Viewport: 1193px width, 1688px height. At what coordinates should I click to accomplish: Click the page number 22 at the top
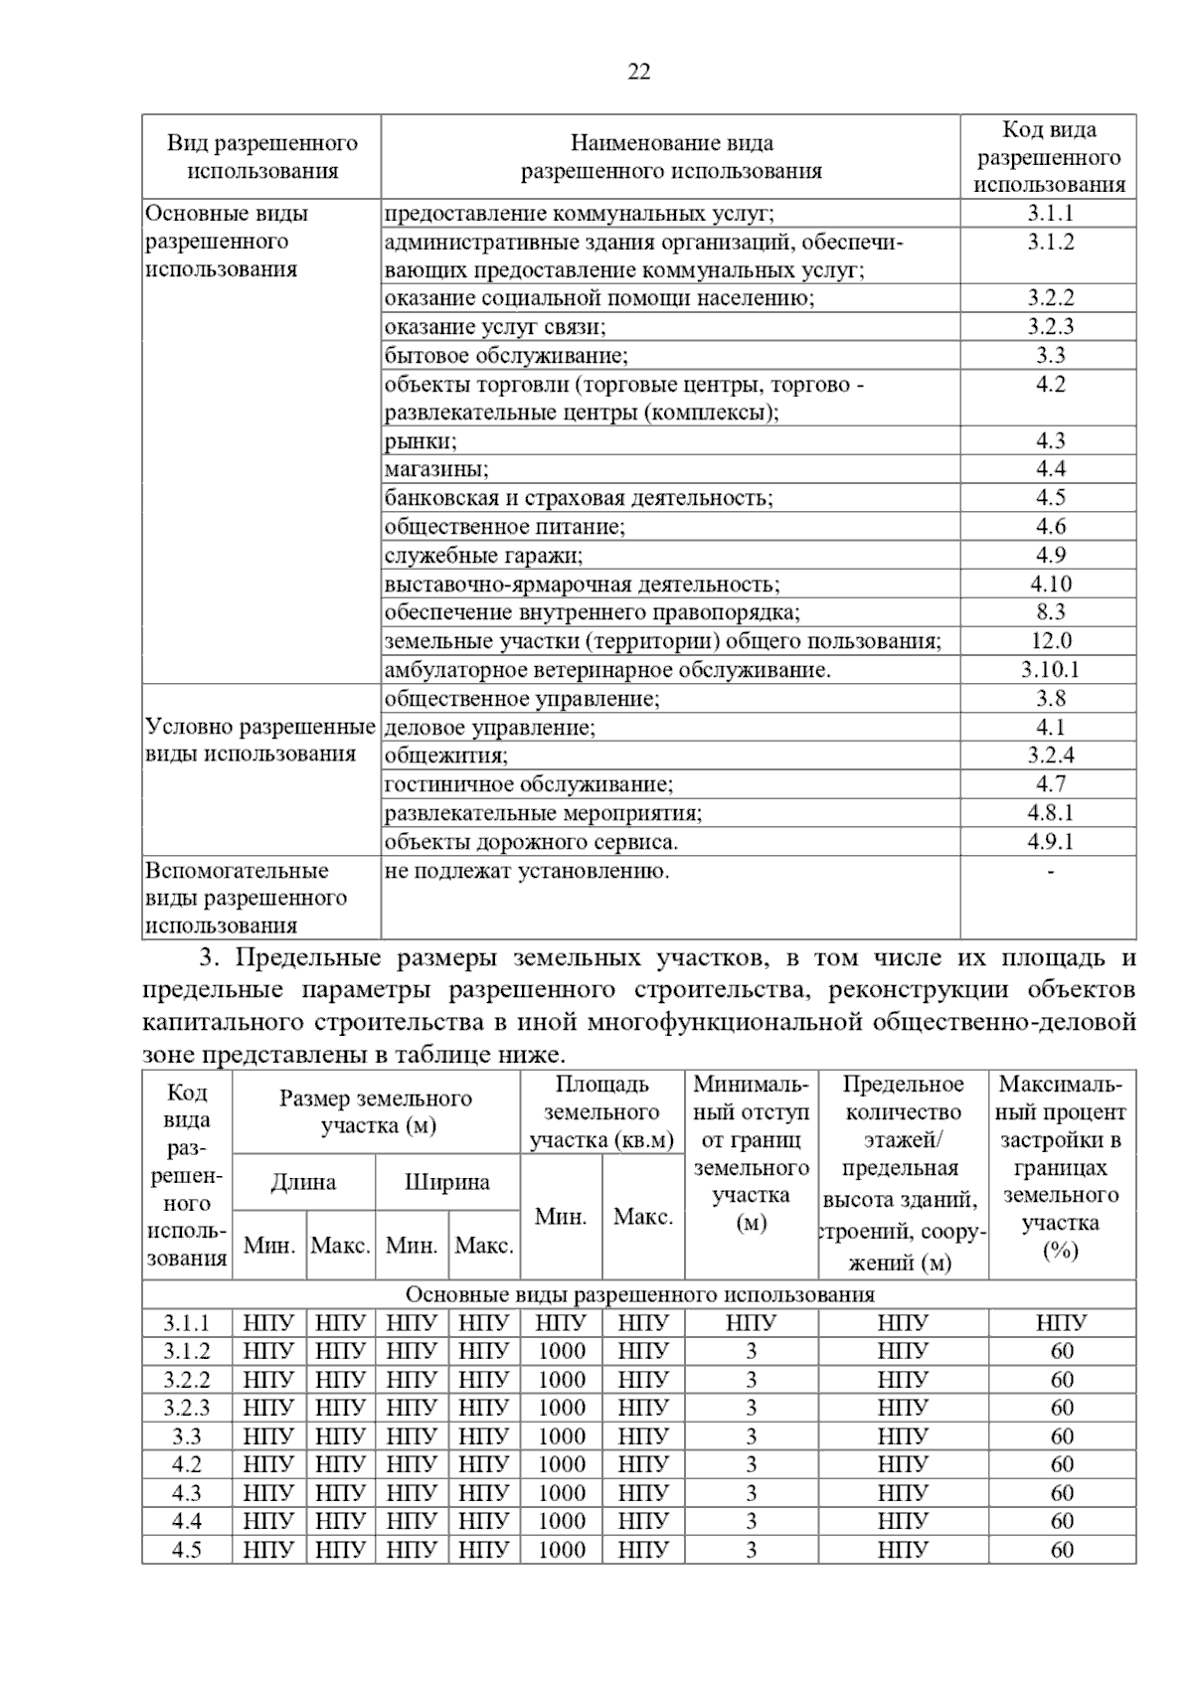(639, 72)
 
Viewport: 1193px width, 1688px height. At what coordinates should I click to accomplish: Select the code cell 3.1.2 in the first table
(1050, 243)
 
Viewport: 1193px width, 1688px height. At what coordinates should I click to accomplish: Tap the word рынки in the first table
(420, 441)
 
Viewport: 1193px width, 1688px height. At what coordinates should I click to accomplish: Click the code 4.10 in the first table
(1050, 585)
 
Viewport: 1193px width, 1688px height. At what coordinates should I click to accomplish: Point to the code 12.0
(1050, 641)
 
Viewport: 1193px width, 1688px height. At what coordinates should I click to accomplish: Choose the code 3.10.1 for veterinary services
(1050, 670)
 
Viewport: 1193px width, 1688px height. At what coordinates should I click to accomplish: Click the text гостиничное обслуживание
(528, 784)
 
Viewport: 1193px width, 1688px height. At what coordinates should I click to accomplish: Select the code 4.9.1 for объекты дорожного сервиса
(1050, 842)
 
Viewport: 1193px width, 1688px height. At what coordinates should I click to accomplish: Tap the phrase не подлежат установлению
(526, 872)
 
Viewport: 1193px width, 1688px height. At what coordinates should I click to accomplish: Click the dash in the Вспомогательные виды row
(1050, 872)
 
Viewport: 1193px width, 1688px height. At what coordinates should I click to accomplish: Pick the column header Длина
(303, 1182)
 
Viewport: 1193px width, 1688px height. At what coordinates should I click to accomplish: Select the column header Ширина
(447, 1182)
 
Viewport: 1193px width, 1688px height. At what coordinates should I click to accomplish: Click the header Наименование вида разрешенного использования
(671, 157)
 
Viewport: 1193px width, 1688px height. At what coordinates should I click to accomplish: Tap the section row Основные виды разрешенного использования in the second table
(639, 1294)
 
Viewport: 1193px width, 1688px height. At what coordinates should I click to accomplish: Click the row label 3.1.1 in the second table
(187, 1323)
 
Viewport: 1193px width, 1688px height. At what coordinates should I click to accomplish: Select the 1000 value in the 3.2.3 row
(562, 1408)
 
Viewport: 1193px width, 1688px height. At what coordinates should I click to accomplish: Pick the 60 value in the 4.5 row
(1062, 1550)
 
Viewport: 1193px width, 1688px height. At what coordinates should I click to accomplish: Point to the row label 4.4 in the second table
(187, 1521)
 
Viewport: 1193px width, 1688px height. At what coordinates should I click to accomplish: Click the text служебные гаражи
(483, 556)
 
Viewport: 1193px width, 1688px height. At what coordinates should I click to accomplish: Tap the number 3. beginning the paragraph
(209, 958)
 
